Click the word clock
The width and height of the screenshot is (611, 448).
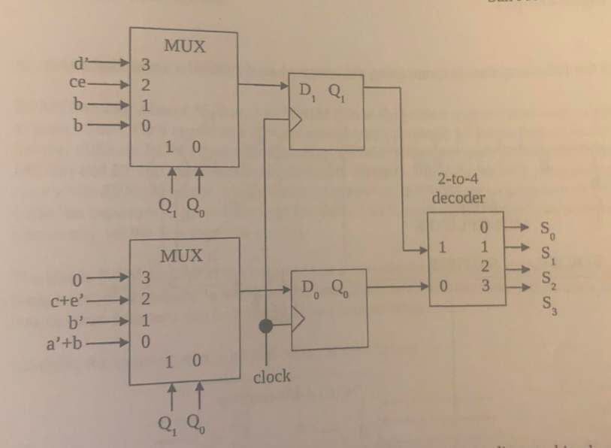click(271, 377)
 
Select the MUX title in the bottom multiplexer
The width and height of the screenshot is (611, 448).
click(183, 255)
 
